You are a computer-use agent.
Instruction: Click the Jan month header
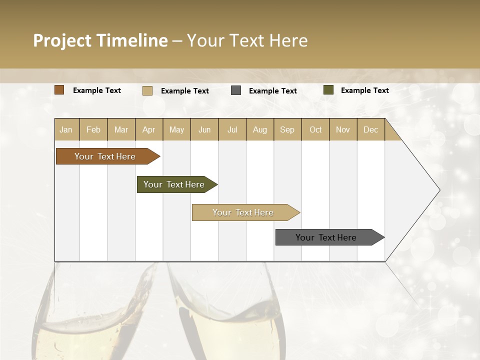pyautogui.click(x=66, y=129)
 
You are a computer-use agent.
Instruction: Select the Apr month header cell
pyautogui.click(x=149, y=129)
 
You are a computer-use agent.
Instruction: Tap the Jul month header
pyautogui.click(x=232, y=129)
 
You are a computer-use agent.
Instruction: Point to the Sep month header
pyautogui.click(x=287, y=129)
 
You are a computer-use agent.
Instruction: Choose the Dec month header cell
pyautogui.click(x=370, y=129)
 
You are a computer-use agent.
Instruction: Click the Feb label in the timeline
pyautogui.click(x=93, y=129)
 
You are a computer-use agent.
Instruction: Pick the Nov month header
pyautogui.click(x=343, y=129)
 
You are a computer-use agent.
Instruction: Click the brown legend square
pyautogui.click(x=59, y=90)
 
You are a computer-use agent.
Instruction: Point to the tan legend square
pyautogui.click(x=147, y=90)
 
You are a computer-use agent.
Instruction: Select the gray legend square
pyautogui.click(x=236, y=90)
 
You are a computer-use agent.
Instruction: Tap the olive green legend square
pyautogui.click(x=328, y=90)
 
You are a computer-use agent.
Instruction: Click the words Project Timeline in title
pyautogui.click(x=100, y=40)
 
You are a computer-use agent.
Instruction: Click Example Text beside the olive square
pyautogui.click(x=364, y=90)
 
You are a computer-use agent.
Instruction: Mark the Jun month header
pyautogui.click(x=204, y=129)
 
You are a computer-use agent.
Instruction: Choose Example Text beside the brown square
pyautogui.click(x=97, y=90)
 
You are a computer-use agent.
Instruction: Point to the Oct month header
pyautogui.click(x=315, y=129)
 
